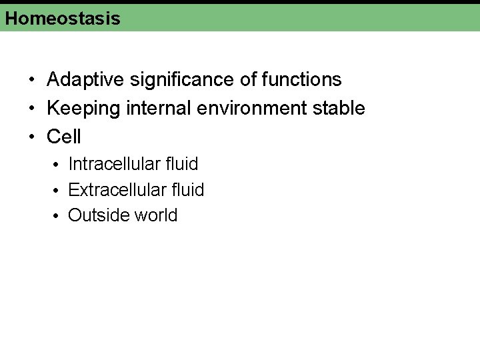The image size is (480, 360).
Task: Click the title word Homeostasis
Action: (x=63, y=18)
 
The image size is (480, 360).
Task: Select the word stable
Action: (x=341, y=108)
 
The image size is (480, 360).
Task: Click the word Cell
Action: (x=64, y=137)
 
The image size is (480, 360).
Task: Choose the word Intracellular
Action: (x=113, y=164)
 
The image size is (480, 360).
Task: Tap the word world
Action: (x=156, y=216)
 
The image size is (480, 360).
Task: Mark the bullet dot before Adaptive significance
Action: (x=32, y=81)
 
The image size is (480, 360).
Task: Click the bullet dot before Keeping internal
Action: (x=32, y=109)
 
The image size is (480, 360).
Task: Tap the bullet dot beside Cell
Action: (x=32, y=137)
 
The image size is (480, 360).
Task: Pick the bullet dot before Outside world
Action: (x=58, y=217)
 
